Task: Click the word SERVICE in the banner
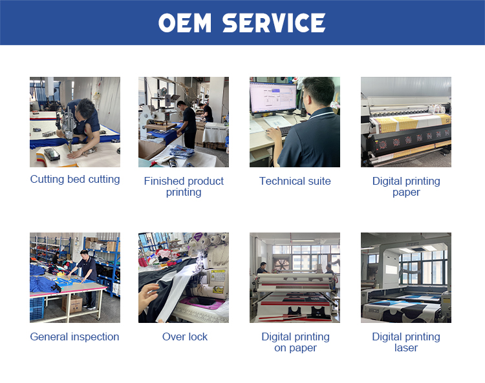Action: (274, 23)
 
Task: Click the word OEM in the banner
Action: (185, 23)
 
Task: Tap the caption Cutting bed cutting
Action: (75, 179)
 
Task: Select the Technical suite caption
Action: (295, 181)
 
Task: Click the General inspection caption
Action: (74, 336)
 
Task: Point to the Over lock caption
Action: (185, 336)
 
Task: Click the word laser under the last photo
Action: (406, 347)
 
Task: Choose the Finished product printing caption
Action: (184, 186)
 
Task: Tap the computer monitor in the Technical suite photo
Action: (273, 98)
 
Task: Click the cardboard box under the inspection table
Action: (72, 304)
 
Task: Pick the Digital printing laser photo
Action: (406, 278)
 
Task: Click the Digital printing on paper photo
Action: (295, 278)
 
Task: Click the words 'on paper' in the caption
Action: (296, 348)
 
